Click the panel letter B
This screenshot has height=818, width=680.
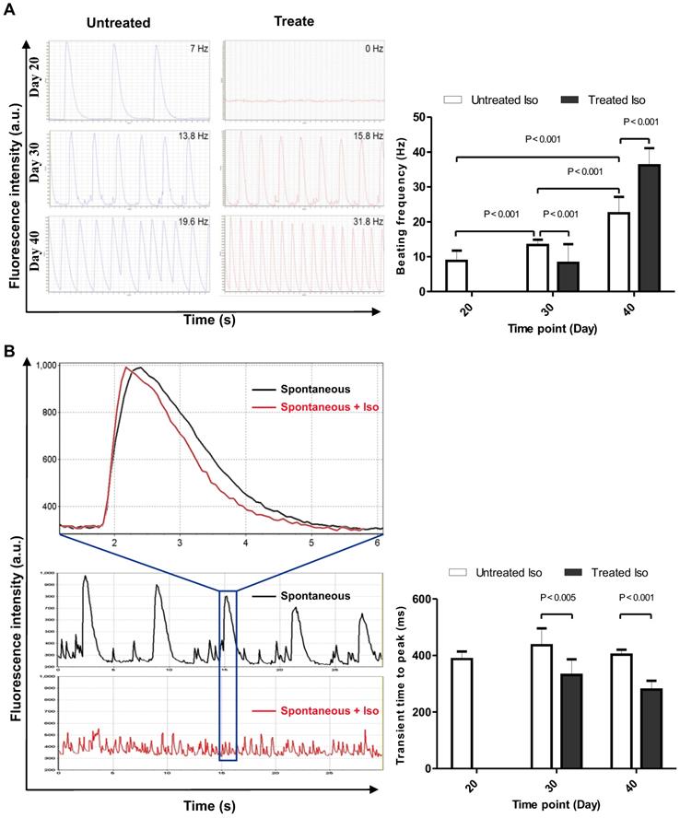[x=9, y=351]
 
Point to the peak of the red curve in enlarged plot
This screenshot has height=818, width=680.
[x=126, y=367]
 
